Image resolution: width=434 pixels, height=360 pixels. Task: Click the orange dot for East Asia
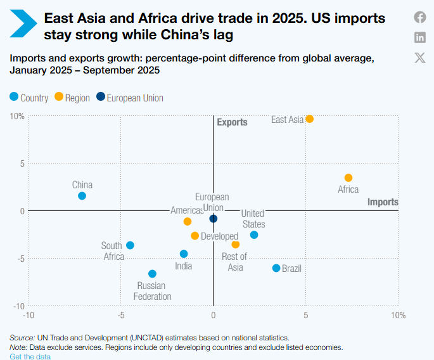tap(309, 119)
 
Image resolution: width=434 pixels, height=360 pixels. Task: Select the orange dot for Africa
tap(348, 178)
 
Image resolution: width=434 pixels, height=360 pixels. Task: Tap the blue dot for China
tap(82, 196)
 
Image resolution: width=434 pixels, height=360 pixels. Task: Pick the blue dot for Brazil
tap(276, 268)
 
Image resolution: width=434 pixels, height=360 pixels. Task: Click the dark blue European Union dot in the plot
tap(214, 219)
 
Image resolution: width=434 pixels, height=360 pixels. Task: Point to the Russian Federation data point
tap(152, 274)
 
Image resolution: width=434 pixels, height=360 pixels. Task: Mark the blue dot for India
tap(184, 254)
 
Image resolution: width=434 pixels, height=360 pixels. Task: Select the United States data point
tap(254, 235)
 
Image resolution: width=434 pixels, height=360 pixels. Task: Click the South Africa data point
tap(130, 245)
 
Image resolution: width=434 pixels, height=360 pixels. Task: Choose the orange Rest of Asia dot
tap(236, 245)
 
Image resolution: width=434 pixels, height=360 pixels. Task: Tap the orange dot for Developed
tap(195, 236)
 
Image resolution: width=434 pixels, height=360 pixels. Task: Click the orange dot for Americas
tap(187, 221)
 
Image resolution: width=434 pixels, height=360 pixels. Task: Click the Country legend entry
tap(29, 98)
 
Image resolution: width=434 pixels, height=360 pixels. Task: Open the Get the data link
tap(30, 357)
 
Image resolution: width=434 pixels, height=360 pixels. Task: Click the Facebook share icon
tap(420, 17)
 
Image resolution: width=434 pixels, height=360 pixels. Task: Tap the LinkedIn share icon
tap(420, 37)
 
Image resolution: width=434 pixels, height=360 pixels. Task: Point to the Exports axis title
tap(232, 122)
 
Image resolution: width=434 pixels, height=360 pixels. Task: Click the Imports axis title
tap(383, 202)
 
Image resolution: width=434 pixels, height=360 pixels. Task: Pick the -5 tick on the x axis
tap(121, 314)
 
